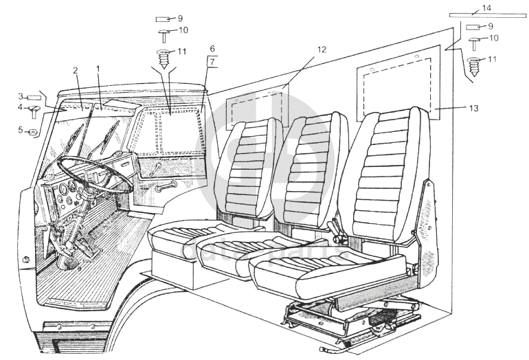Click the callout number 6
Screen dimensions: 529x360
212,49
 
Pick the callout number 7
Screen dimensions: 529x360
213,63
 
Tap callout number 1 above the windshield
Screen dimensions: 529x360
99,69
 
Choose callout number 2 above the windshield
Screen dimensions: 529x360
76,70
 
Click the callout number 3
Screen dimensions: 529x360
21,96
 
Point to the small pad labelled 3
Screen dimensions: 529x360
34,97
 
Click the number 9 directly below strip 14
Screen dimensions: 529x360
491,25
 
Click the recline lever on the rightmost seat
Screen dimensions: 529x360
337,227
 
